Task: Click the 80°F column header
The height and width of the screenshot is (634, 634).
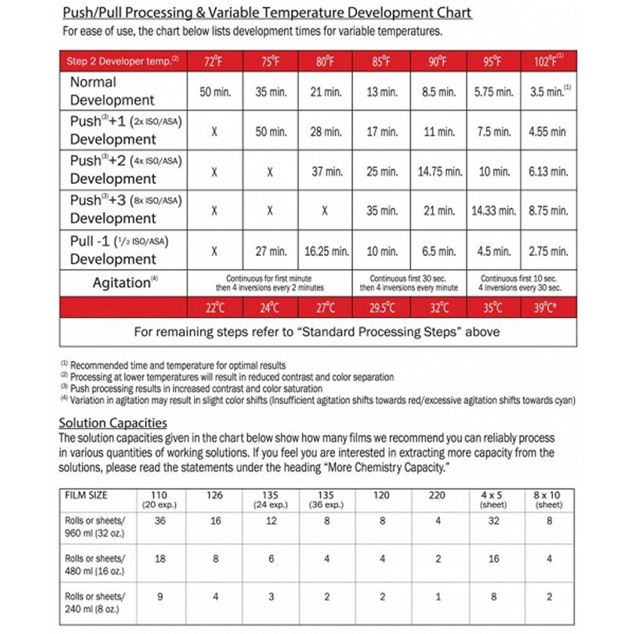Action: [325, 61]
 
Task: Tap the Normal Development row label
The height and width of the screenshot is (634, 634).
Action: [112, 91]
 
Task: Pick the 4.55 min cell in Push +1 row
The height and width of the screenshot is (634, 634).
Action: [548, 132]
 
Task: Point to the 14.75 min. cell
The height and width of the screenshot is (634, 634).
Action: [439, 171]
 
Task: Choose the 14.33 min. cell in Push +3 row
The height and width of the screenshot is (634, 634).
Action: [494, 210]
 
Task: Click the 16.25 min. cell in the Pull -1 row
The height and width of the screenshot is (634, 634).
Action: [326, 251]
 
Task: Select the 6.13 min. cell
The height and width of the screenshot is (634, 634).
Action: [548, 171]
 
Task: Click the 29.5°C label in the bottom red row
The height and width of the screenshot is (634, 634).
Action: [382, 308]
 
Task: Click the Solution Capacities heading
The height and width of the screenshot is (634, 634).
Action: [113, 423]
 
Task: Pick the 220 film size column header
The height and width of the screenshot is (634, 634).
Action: [437, 495]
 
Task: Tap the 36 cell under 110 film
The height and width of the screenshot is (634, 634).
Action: [160, 521]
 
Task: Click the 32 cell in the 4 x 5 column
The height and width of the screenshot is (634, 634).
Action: [493, 521]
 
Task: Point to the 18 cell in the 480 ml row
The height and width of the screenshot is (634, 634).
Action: [160, 559]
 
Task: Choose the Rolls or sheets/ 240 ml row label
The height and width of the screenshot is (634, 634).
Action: [95, 602]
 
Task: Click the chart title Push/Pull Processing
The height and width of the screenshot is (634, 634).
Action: [266, 13]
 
